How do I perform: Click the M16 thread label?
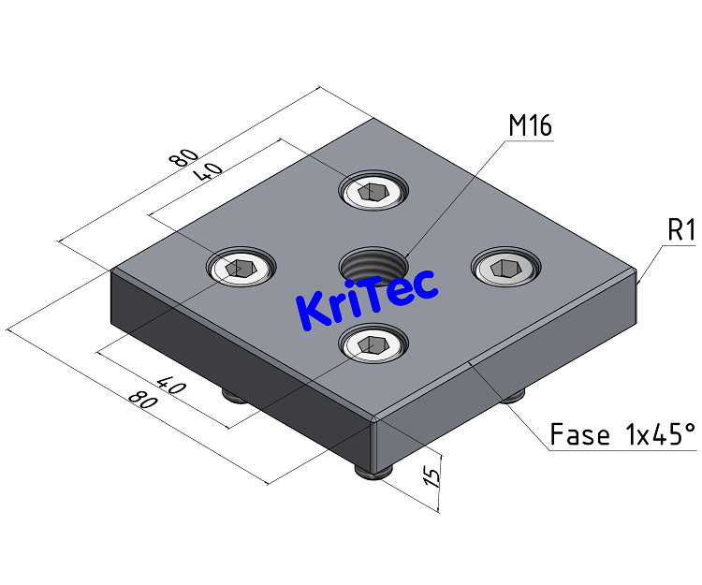click(530, 125)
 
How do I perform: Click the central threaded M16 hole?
click(374, 265)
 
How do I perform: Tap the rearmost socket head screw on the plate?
click(374, 192)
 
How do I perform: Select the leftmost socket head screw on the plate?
click(241, 268)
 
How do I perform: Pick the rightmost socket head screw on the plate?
click(506, 269)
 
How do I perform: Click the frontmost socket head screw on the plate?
click(373, 345)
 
